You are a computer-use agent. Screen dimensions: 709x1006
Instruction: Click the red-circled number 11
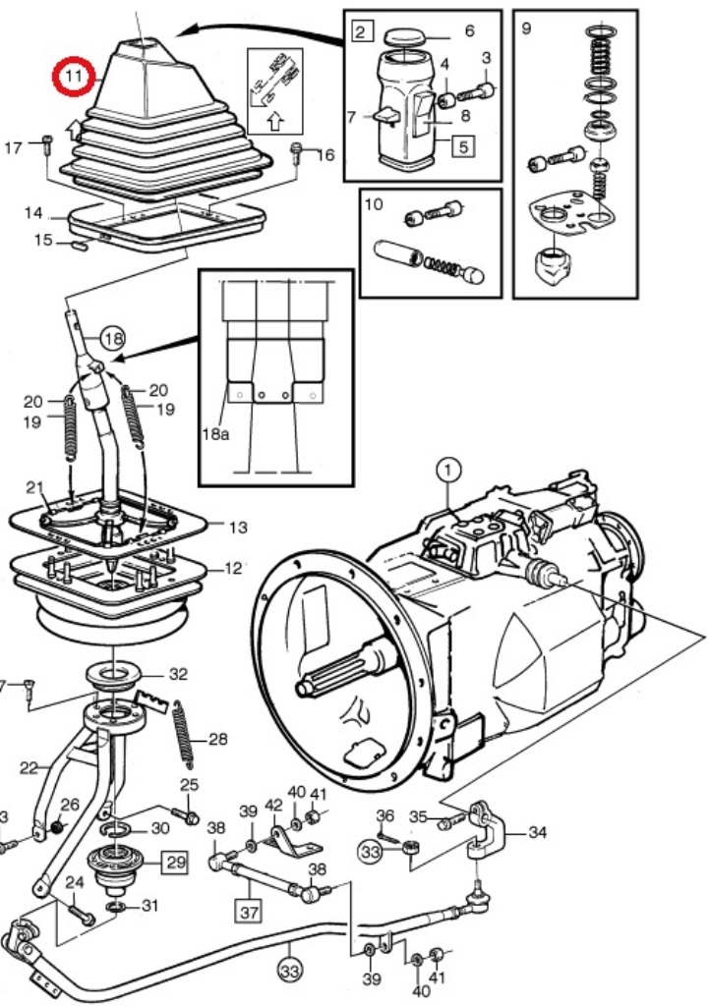tap(74, 76)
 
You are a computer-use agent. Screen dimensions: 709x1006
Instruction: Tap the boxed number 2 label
tap(362, 31)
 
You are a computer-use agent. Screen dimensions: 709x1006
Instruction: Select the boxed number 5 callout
tap(463, 145)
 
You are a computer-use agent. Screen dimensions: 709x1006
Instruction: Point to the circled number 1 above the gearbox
tap(447, 471)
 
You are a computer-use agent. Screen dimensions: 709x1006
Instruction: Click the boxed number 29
tap(176, 862)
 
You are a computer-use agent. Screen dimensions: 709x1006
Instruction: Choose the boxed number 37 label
tap(249, 911)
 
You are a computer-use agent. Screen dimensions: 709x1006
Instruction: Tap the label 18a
tap(215, 433)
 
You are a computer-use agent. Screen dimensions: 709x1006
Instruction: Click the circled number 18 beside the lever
tap(113, 338)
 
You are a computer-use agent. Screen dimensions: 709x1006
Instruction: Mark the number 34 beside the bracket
tap(537, 832)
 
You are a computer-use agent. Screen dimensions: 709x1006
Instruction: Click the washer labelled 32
tap(113, 676)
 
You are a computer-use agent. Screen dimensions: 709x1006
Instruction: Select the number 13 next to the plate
tap(238, 527)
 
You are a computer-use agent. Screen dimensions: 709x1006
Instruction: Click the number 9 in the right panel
tap(527, 28)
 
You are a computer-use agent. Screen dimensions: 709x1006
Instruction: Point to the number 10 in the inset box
tap(373, 204)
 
